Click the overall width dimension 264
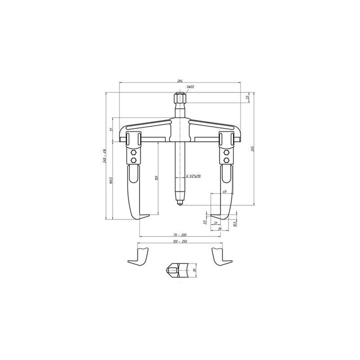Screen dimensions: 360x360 tap(180, 80)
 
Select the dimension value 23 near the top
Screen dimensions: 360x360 tap(248, 97)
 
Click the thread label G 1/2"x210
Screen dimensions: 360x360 tap(192, 176)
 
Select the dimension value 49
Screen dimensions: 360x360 tap(224, 191)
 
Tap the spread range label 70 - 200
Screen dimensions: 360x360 tap(180, 234)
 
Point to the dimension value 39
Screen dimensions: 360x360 tap(219, 229)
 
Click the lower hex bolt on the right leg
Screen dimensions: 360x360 tap(226, 160)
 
